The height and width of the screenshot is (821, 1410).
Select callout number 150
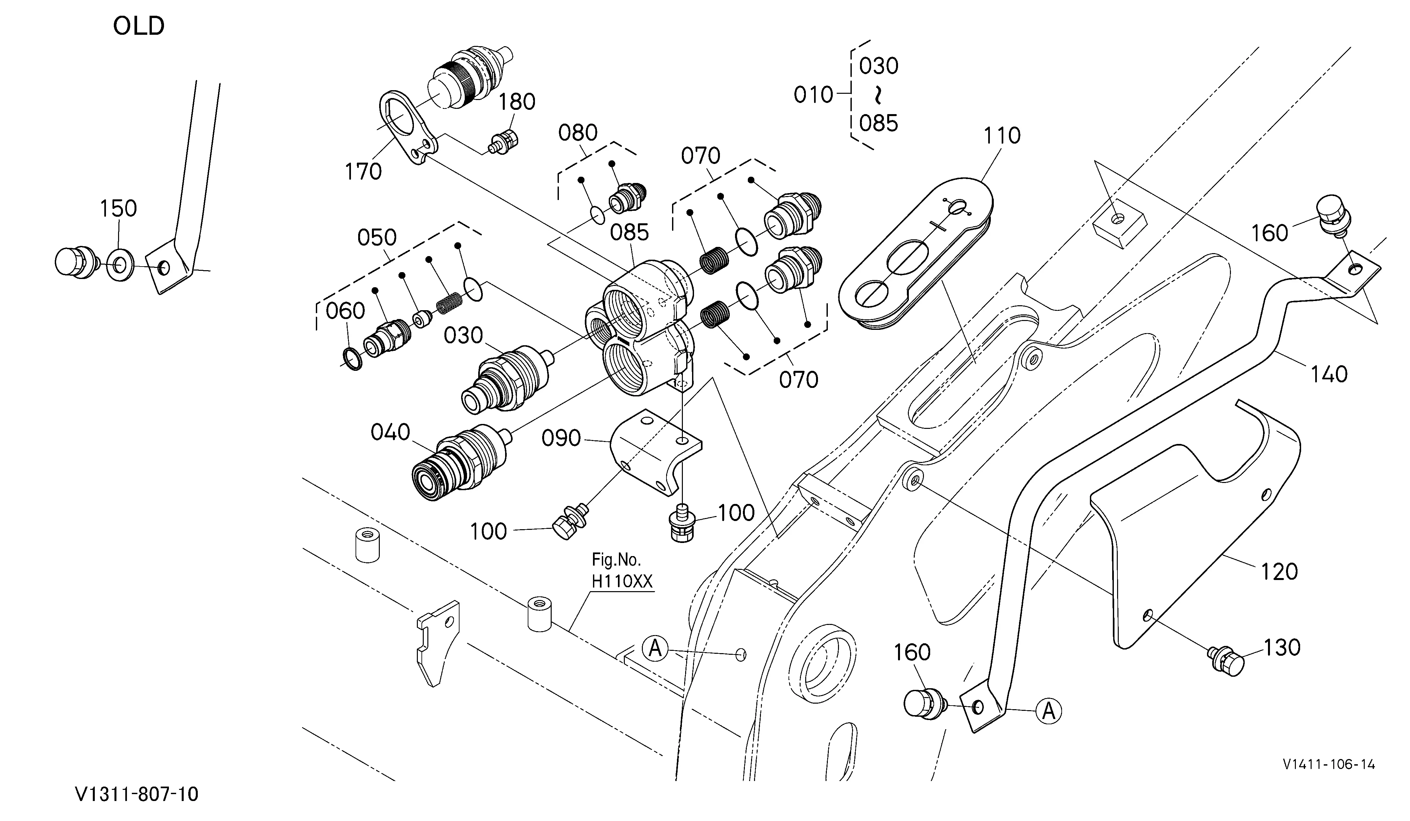pyautogui.click(x=118, y=208)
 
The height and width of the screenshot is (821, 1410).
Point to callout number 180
pyautogui.click(x=517, y=101)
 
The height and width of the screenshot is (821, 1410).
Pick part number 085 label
pyautogui.click(x=629, y=232)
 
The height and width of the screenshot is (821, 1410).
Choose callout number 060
pyautogui.click(x=345, y=310)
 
